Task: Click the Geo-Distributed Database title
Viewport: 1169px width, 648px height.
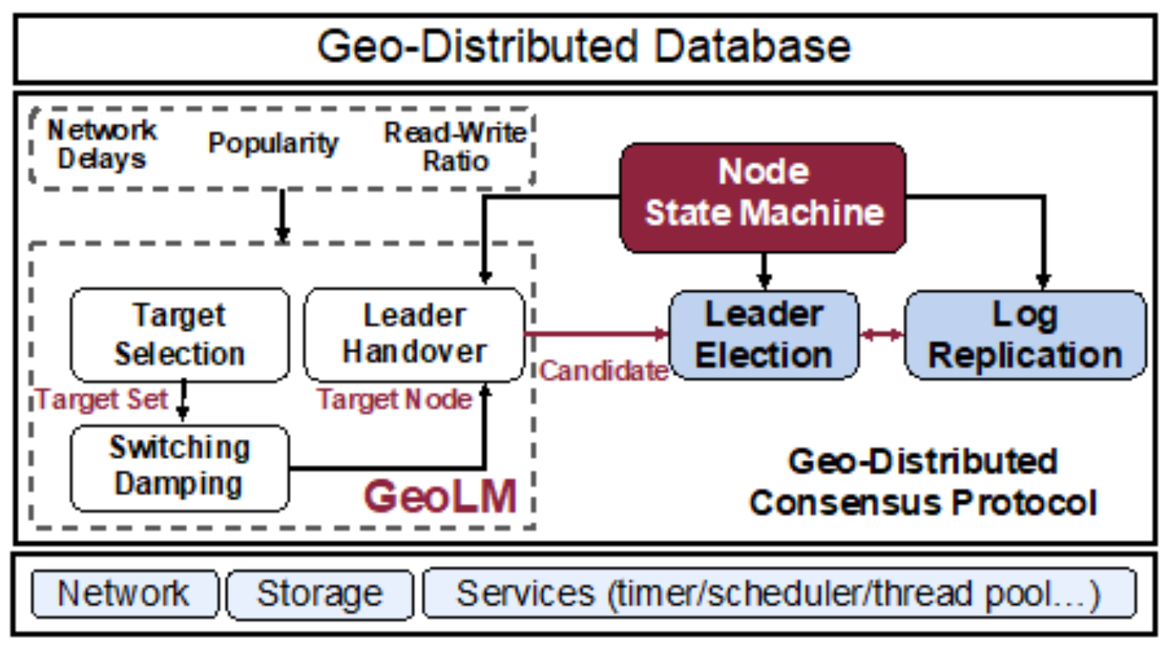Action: (x=584, y=47)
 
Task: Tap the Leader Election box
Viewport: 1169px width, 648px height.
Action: (x=763, y=335)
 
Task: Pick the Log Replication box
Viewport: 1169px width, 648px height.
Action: (x=1025, y=335)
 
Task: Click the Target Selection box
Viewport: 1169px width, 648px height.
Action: (x=180, y=335)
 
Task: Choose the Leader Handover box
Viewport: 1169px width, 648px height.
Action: (x=415, y=335)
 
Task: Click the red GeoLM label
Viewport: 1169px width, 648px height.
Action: (x=440, y=497)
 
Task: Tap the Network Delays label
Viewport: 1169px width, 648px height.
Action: (x=102, y=144)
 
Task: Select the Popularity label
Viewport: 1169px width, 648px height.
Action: (x=273, y=143)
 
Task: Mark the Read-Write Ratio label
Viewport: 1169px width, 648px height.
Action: (x=455, y=146)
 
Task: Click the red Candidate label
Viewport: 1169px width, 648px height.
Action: (x=604, y=370)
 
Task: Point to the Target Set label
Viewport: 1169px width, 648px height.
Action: (x=101, y=399)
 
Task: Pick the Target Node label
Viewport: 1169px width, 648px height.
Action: (x=395, y=399)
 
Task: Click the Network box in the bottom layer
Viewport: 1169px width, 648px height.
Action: (x=124, y=594)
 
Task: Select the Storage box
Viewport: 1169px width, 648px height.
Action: (x=319, y=594)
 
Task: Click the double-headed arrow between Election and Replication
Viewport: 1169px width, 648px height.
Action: (x=881, y=334)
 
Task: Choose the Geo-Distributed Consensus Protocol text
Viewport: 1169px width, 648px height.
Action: (x=922, y=481)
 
